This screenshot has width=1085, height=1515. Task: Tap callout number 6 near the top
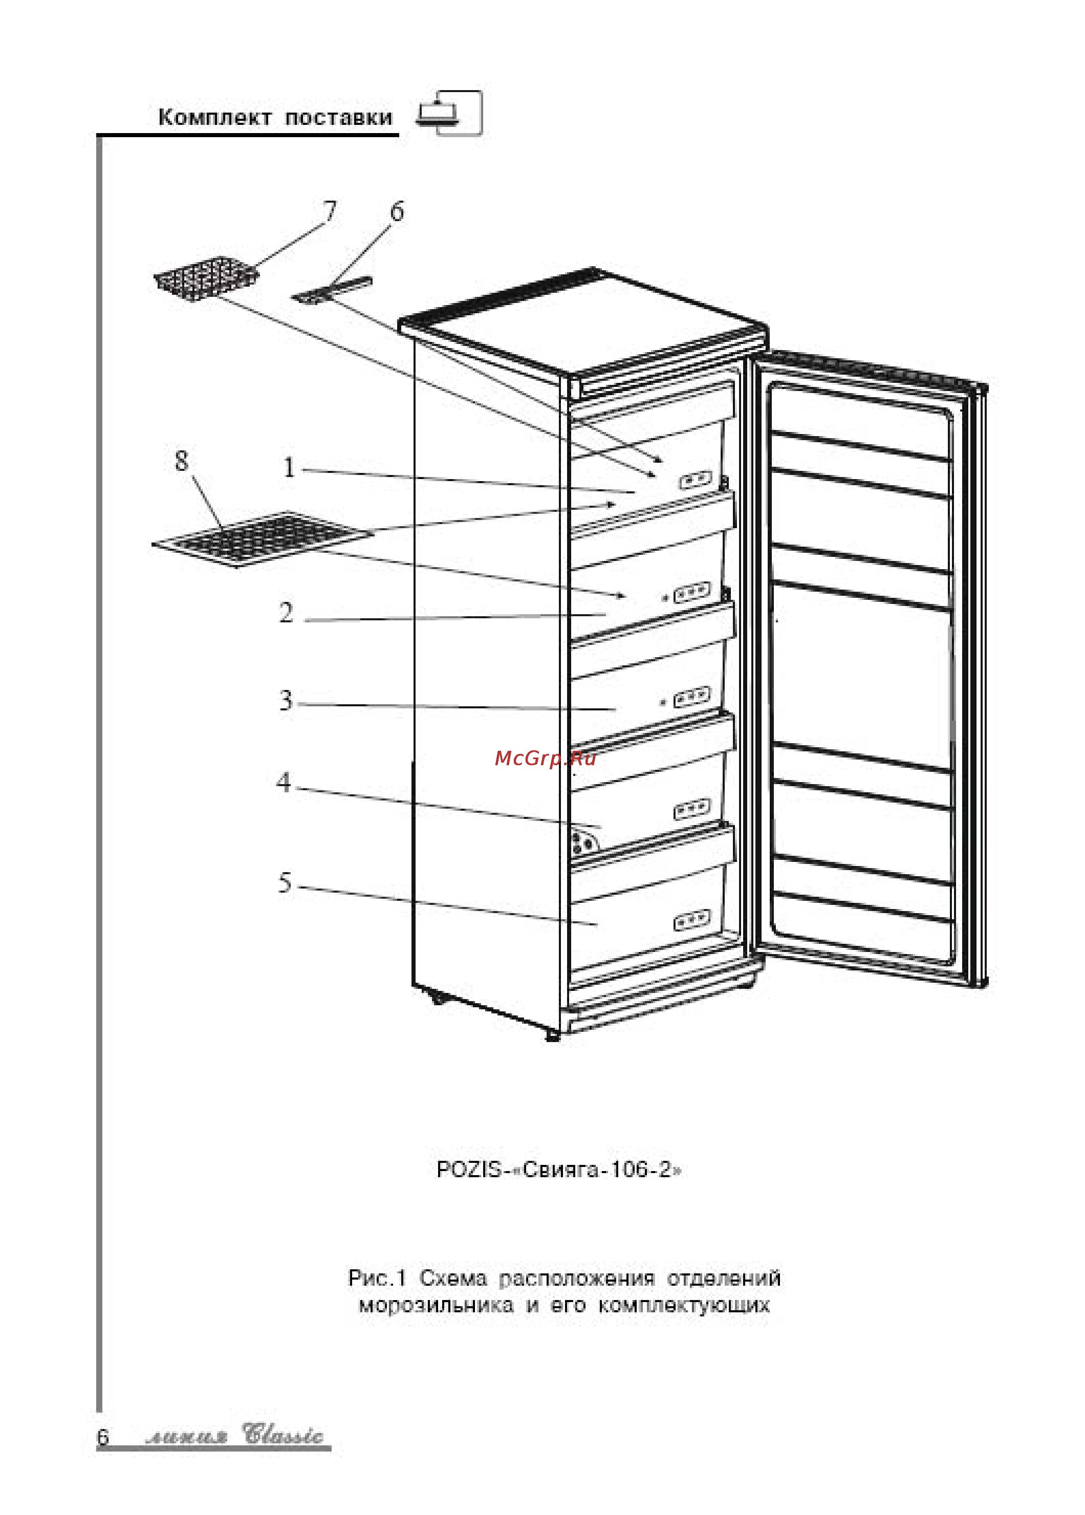pos(397,212)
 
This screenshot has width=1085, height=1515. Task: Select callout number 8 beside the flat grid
pos(181,461)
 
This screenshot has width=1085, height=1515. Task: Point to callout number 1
pos(289,468)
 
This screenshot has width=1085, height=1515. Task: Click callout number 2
pos(286,613)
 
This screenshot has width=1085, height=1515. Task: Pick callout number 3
pos(286,700)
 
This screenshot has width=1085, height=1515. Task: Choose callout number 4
pos(284,782)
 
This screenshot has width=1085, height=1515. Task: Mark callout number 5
pos(285,883)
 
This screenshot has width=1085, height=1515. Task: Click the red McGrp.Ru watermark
pos(545,758)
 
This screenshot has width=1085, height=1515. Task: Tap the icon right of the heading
pos(449,114)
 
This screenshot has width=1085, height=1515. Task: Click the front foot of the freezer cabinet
pos(553,1036)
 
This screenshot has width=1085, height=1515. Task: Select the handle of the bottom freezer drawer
pos(691,922)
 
